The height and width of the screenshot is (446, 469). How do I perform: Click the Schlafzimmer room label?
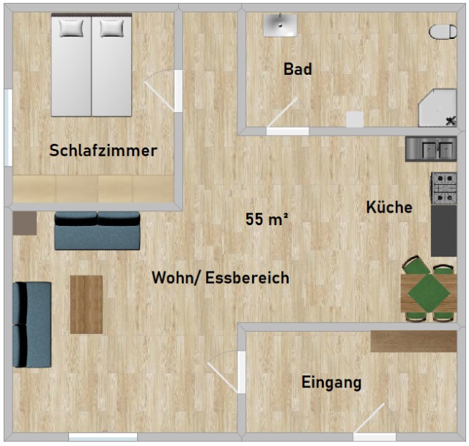coord(103,150)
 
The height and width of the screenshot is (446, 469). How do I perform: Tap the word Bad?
coord(298,69)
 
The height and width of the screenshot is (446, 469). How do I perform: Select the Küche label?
coord(389,207)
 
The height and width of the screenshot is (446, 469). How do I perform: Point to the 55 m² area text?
coord(267,219)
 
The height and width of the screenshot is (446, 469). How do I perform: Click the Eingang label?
coord(331,382)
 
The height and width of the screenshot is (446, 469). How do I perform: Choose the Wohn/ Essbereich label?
coord(221,278)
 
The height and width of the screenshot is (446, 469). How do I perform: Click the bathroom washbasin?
coord(280,25)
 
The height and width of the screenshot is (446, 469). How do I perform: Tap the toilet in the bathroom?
coord(443,32)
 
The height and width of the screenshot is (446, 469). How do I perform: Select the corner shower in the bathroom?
coord(437,108)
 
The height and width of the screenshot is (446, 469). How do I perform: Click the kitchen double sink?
coord(431,149)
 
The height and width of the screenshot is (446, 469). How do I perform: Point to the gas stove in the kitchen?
coord(444,189)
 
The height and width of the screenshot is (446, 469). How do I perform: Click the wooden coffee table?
coord(86,304)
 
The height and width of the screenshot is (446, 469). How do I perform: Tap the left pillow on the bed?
coord(71,28)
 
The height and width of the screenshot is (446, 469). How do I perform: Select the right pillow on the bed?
coord(111,28)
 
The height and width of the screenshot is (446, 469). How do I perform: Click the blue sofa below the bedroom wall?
coord(97,230)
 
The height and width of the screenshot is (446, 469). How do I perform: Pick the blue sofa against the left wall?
coord(32,324)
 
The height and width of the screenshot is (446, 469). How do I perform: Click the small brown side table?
coord(25,223)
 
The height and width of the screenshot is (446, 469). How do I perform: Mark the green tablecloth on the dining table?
coord(429,293)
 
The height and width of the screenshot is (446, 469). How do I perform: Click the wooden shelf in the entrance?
coord(413,341)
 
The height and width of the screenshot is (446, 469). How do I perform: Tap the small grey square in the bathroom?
coord(355,120)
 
